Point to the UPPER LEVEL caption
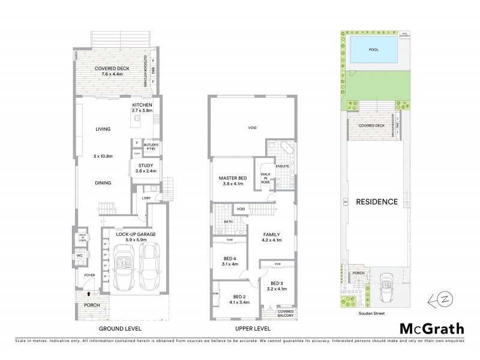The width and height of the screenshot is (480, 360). (x=251, y=329)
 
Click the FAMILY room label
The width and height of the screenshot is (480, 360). (x=271, y=238)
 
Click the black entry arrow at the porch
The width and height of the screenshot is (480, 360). (x=89, y=294)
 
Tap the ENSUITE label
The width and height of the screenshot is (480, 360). (x=283, y=166)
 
